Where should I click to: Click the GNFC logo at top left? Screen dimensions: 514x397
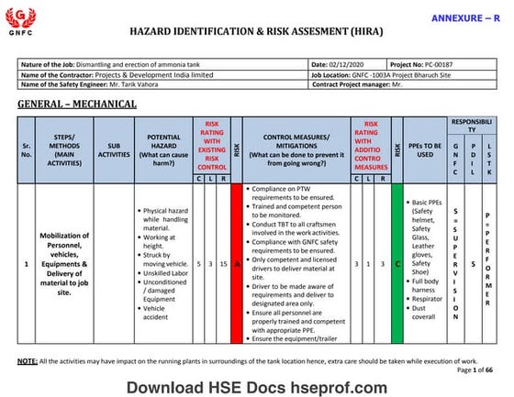(19, 20)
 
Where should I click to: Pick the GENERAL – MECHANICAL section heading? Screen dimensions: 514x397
(77, 104)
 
